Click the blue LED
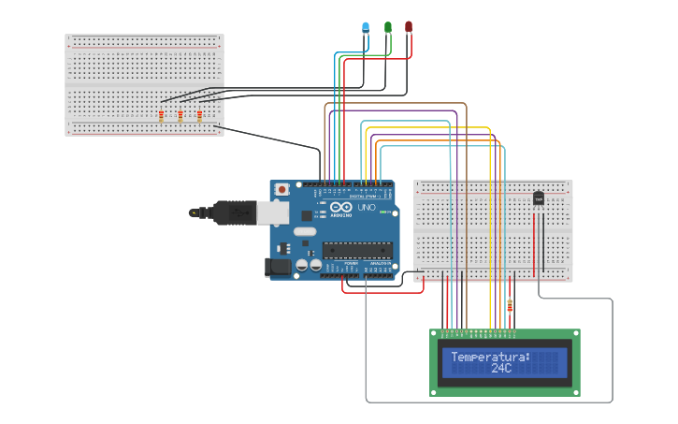click(x=366, y=27)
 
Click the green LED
click(x=387, y=27)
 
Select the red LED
click(x=409, y=26)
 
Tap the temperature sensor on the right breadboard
click(x=539, y=197)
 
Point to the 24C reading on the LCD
click(x=501, y=369)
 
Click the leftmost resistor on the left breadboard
click(x=161, y=116)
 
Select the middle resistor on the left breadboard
click(x=180, y=116)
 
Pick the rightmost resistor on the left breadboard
click(x=199, y=116)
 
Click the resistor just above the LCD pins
click(x=510, y=305)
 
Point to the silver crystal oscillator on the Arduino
click(x=306, y=231)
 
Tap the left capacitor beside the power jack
click(x=302, y=266)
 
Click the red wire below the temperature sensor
click(x=534, y=248)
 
